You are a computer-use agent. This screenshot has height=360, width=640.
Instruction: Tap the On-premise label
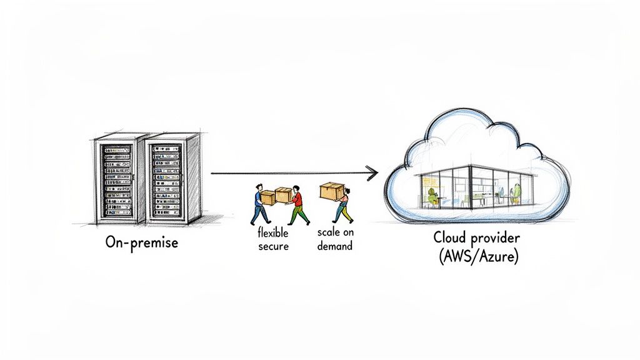142,242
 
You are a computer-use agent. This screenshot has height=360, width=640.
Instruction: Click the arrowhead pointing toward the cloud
372,173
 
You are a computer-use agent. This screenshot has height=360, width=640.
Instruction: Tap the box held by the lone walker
332,191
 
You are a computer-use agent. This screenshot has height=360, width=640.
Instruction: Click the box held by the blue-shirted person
267,197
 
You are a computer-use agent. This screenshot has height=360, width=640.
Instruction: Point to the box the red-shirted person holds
283,196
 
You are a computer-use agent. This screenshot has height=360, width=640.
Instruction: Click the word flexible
272,232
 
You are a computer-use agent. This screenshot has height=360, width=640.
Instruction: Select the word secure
272,246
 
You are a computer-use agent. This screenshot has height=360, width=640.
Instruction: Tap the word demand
334,246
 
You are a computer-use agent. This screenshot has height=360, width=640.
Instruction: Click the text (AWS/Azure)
477,256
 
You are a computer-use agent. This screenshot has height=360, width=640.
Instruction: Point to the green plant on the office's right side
516,192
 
